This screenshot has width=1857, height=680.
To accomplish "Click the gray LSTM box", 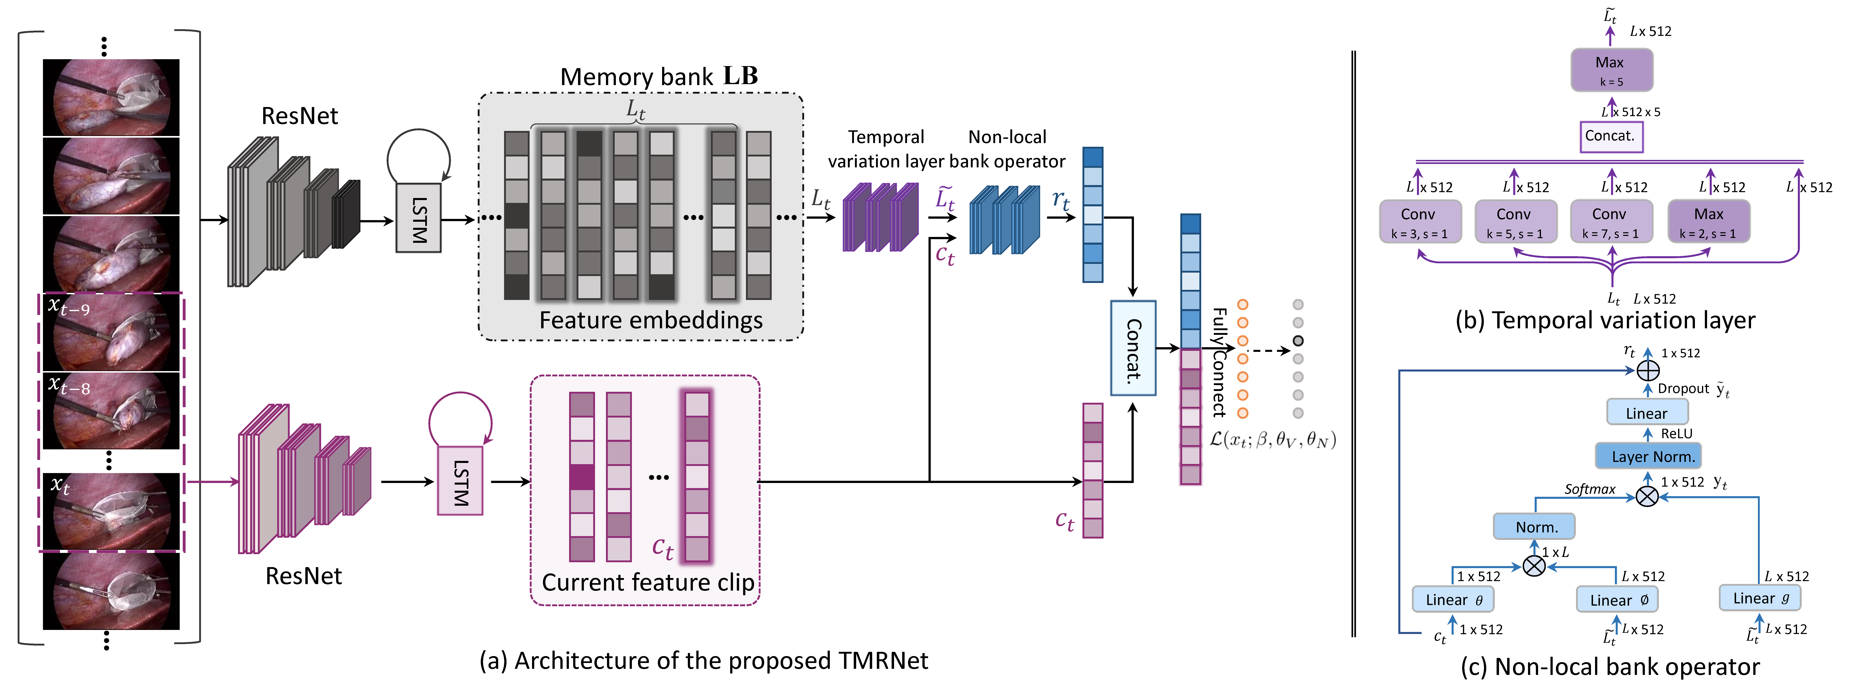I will click(418, 218).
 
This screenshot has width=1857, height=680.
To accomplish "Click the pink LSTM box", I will click(460, 481).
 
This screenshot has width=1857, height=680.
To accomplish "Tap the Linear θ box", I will click(1453, 599).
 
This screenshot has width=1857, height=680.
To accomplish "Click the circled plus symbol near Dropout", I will click(1648, 371).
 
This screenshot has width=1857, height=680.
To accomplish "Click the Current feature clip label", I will click(647, 582).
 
